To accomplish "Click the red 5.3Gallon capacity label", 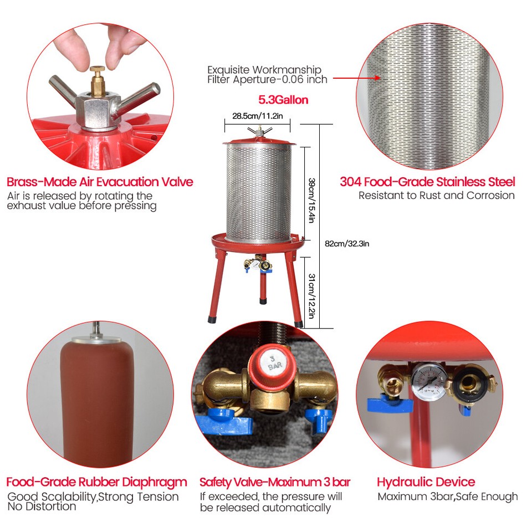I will pos(283,100).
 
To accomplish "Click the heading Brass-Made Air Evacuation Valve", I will pos(100,182).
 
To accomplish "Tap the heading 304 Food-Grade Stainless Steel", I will pos(427,182).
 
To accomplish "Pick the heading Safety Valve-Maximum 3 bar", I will pos(275,482).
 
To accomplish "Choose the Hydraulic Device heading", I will pos(426,482).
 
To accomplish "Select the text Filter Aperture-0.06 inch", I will pos(267,79).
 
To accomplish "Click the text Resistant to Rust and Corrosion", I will pos(436,195).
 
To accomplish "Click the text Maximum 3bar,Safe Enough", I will pos(447,497).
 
